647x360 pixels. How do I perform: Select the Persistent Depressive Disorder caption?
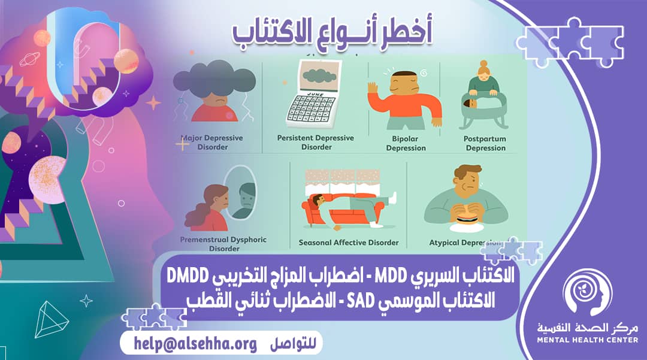pyautogui.click(x=316, y=143)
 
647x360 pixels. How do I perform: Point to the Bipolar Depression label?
pyautogui.click(x=406, y=144)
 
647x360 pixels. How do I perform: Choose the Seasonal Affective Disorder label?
pyautogui.click(x=349, y=243)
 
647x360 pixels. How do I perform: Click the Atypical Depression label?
pyautogui.click(x=465, y=243)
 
